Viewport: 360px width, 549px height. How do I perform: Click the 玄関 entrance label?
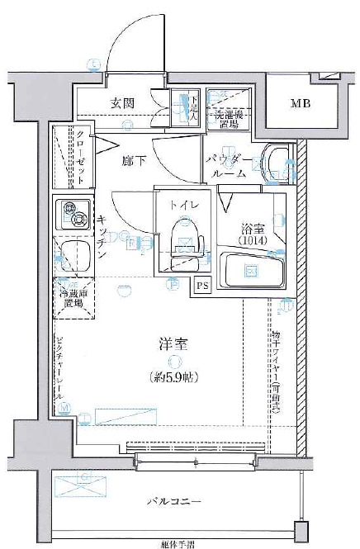(124, 103)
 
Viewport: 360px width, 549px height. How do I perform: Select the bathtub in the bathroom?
(253, 271)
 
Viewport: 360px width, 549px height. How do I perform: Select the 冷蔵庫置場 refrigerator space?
(73, 297)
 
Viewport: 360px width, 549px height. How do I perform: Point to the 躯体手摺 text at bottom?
(178, 543)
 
